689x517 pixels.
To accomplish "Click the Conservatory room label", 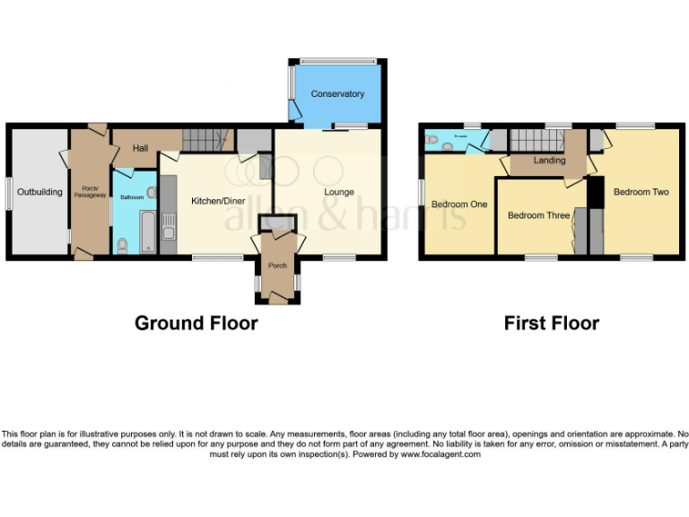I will point(337,94).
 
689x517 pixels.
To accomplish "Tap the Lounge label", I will point(339,192).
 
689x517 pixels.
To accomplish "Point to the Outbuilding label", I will point(40,192).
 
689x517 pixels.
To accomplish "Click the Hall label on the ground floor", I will point(141,148).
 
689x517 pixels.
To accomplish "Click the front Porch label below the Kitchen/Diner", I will point(277,265).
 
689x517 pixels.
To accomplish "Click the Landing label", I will point(549,161).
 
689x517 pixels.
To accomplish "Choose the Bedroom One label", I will point(459,205).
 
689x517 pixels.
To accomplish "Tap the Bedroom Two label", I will point(641,192).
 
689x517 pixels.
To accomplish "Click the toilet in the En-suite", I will point(433,140).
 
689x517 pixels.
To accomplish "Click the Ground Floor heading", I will point(196,323).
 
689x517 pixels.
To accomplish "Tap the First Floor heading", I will point(551,323).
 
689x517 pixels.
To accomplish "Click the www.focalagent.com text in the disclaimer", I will point(440,454).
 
